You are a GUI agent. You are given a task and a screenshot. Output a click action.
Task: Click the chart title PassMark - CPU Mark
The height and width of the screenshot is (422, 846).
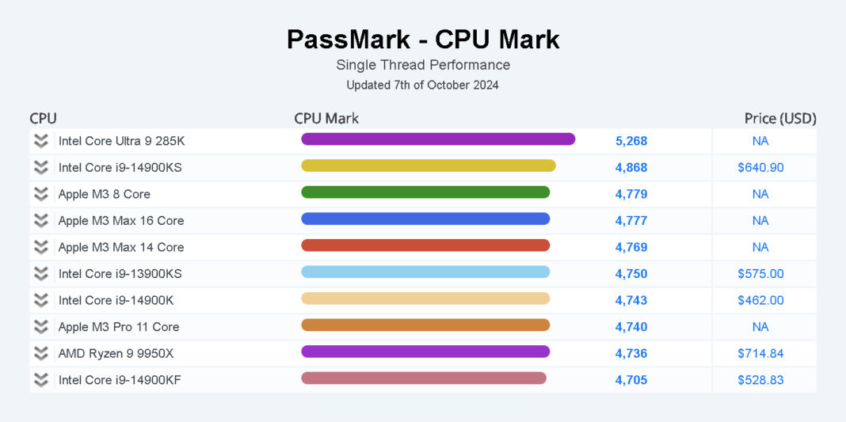coord(423,40)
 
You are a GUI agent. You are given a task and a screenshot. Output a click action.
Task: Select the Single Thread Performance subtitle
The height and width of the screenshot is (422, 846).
coord(423,65)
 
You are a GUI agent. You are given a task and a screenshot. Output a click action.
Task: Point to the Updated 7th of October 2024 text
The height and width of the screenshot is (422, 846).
coord(423,85)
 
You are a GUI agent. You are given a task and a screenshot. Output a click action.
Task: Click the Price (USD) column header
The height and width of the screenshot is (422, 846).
coord(779,119)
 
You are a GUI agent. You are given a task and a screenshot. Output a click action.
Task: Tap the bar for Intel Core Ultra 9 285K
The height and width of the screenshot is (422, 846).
coord(438,139)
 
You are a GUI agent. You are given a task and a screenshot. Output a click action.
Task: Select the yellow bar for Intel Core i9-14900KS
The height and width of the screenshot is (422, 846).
coord(429,165)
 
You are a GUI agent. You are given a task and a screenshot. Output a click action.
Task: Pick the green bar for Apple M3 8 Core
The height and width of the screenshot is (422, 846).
coord(425,192)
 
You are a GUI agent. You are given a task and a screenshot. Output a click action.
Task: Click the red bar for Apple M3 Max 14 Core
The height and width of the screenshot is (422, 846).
coord(425,245)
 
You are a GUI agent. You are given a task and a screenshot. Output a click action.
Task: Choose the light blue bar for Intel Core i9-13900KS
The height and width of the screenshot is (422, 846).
coord(425,272)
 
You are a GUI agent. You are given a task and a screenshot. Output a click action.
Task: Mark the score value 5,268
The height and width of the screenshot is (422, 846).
coord(631,141)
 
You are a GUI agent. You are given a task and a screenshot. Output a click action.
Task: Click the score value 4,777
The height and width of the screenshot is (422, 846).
coord(631,220)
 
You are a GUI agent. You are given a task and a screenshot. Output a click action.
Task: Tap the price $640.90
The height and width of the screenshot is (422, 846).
coord(760,168)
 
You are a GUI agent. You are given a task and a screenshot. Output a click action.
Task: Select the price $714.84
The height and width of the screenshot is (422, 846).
coord(760,353)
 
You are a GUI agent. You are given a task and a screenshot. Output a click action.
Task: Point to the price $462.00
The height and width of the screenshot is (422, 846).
coord(760,300)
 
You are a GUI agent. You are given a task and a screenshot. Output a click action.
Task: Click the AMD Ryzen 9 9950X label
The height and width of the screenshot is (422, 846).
coord(116,353)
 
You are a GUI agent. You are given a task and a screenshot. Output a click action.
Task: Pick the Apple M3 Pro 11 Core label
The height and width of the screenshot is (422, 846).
coord(119,326)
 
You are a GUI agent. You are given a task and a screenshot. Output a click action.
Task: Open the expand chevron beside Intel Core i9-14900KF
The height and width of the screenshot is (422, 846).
coord(41,380)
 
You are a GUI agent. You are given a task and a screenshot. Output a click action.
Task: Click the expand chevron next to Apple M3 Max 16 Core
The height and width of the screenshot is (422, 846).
coord(41,220)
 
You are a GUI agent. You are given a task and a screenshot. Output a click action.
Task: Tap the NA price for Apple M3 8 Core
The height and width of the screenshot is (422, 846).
coord(760,194)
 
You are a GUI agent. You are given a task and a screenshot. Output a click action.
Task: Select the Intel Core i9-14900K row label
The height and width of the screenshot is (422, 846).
coord(116,300)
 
